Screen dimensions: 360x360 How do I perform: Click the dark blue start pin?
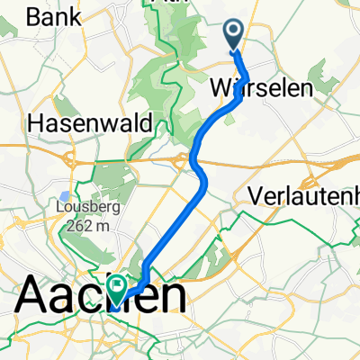[234, 35]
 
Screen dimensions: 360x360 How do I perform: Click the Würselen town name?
[260, 88]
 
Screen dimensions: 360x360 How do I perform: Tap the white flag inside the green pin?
[119, 285]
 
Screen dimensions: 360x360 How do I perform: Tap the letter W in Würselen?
[220, 88]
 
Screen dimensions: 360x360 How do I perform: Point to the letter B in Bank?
[34, 16]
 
